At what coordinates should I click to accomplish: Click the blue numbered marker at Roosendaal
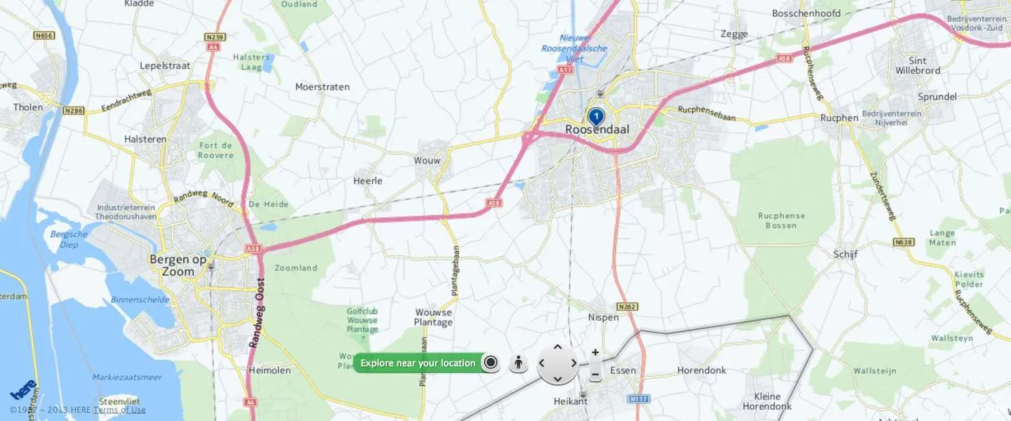tap(595, 116)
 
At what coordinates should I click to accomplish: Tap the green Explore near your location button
tap(418, 363)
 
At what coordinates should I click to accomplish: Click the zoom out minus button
tap(595, 375)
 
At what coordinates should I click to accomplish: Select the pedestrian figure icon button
tap(518, 363)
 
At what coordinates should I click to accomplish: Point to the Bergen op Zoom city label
tap(178, 265)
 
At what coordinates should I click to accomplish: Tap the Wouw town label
tap(427, 161)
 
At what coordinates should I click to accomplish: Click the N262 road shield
tap(627, 307)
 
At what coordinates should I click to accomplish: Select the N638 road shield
tap(904, 242)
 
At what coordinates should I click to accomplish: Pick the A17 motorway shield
tap(565, 70)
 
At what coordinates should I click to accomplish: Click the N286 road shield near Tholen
tap(72, 110)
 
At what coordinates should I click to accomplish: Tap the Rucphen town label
tap(839, 118)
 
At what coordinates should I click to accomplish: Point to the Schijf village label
tap(845, 254)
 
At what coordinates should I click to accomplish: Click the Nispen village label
tap(603, 317)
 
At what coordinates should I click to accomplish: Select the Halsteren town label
tap(145, 139)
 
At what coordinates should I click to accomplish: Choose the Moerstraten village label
tap(322, 87)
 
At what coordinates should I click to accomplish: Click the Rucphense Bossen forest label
tap(781, 220)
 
